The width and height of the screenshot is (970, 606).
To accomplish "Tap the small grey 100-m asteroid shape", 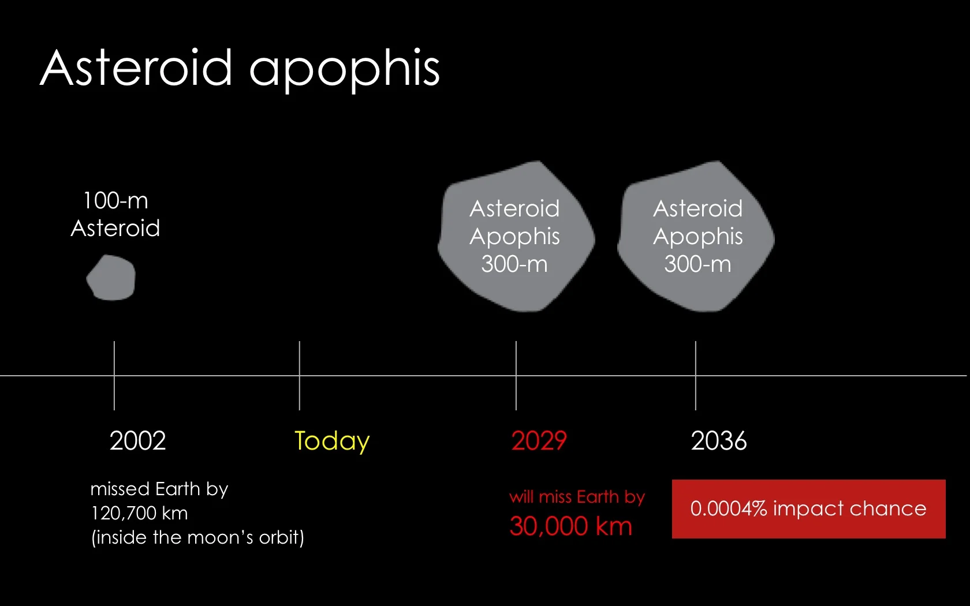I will pos(111,278).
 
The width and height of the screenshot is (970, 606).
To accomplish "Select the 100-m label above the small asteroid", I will pos(115,201).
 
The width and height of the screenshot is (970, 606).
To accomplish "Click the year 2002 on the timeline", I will pos(137,441).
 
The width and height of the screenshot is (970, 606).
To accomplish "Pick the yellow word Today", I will pos(331,442).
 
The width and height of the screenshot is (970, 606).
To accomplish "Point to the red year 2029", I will pos(539,441).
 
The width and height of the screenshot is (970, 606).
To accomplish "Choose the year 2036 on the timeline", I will pos(718,441).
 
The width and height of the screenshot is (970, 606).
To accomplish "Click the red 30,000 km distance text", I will pos(570,526).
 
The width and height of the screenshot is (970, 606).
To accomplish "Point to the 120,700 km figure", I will pos(139,513).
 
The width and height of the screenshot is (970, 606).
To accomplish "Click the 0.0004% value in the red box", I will pos(728,508).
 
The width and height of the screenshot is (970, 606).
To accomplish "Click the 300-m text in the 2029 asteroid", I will pos(514,264).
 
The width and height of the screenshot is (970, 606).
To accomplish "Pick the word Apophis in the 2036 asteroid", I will pos(697,237).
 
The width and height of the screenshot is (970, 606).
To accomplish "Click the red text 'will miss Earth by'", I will pos(577,497).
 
